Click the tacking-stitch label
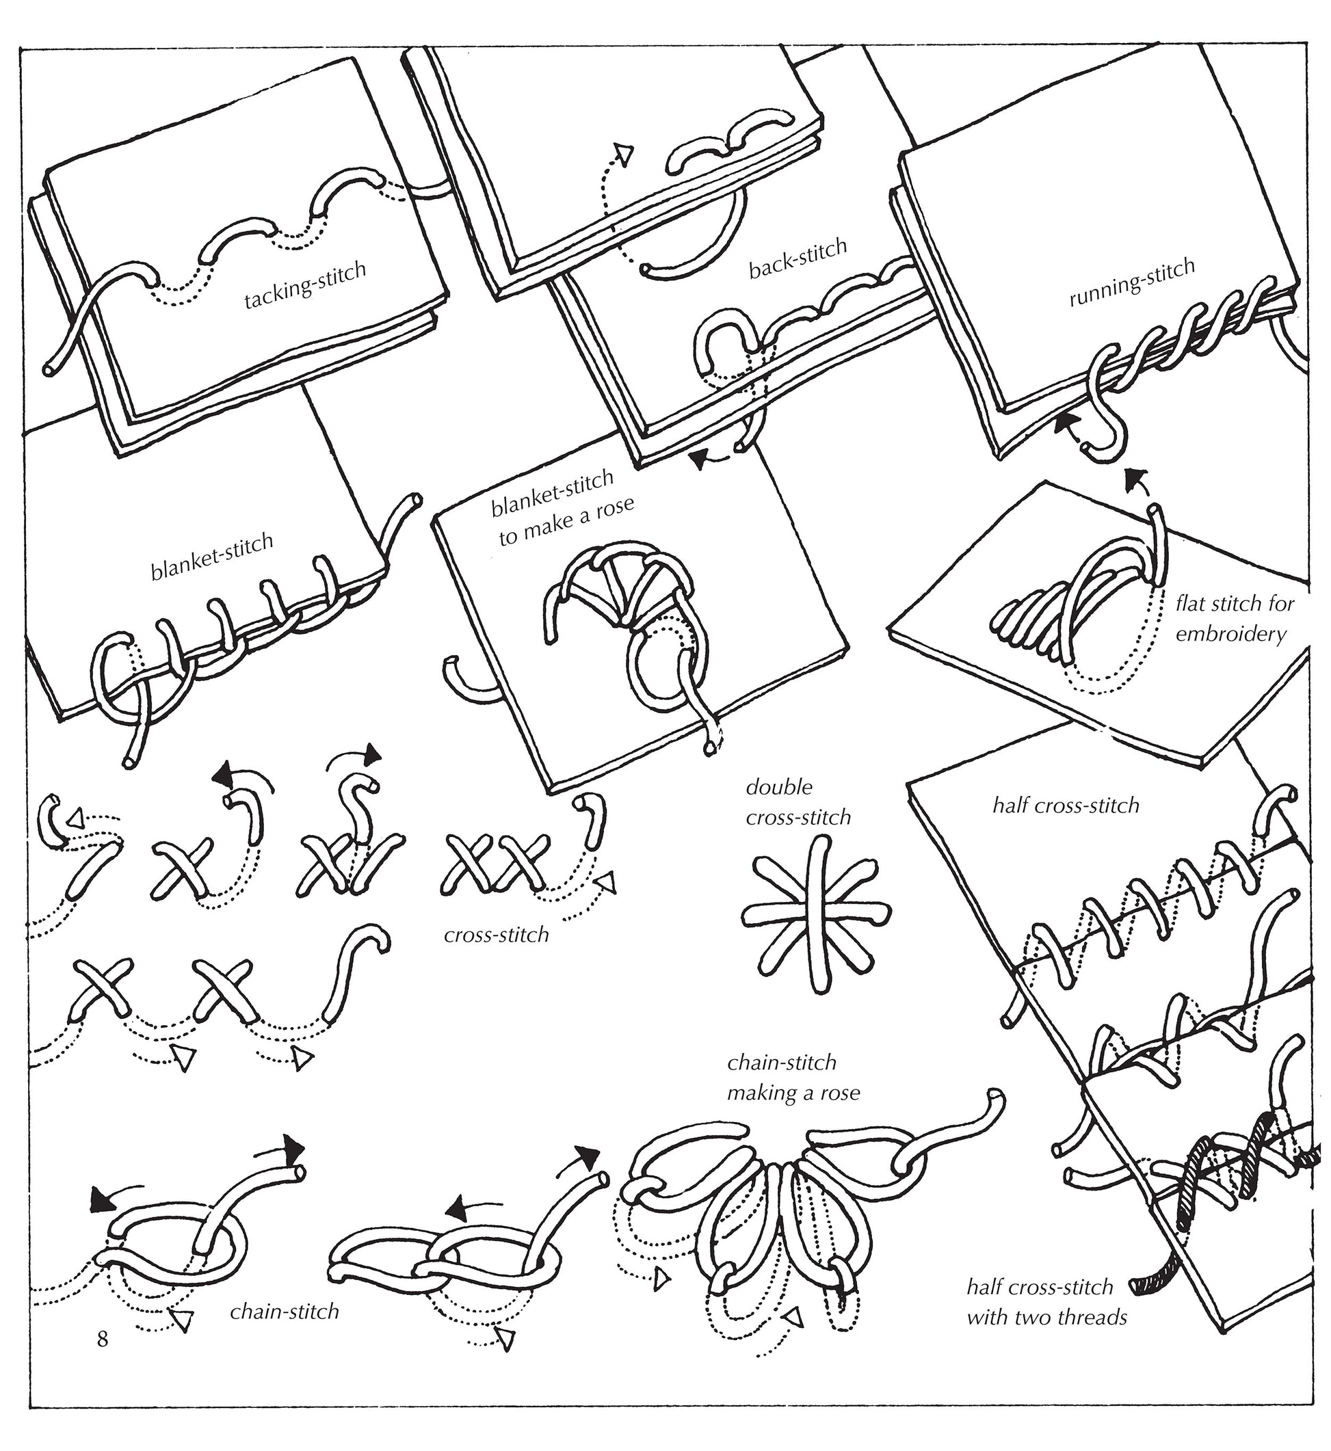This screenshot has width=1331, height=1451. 304,285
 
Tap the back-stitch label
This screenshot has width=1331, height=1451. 798,259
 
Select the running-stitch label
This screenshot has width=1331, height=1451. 1131,282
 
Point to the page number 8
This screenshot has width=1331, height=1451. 103,1338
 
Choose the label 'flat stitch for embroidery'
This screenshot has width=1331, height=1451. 1235,619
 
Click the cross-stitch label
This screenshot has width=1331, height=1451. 497,935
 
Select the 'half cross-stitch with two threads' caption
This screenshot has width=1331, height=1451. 1046,1302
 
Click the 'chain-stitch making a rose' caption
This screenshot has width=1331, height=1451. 792,1077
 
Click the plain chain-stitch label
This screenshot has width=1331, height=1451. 285,1312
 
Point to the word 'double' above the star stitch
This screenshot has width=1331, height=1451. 778,787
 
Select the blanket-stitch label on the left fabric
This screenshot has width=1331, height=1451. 212,556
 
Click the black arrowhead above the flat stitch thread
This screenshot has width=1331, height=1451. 1137,476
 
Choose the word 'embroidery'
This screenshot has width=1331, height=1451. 1230,635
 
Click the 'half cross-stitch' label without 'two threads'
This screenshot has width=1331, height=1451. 1066,805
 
